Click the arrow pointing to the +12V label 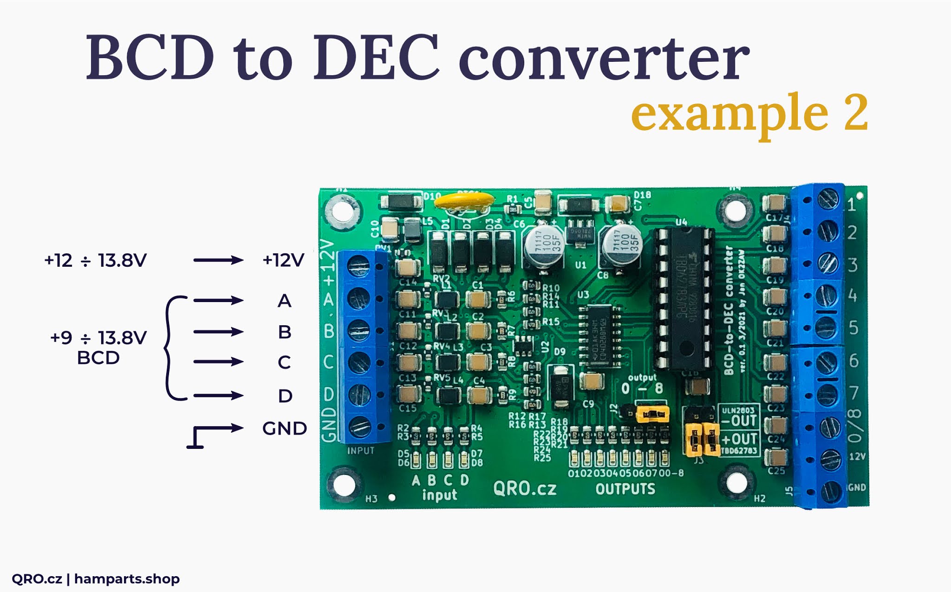click(x=218, y=260)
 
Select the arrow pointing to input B click(x=218, y=332)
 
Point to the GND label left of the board click(x=284, y=428)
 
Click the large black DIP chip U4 click(x=684, y=297)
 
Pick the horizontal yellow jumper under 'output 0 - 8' click(x=652, y=413)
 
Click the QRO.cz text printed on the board click(x=525, y=489)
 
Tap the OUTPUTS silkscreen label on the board click(x=625, y=489)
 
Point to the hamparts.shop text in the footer click(x=127, y=579)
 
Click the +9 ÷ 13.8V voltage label click(x=98, y=338)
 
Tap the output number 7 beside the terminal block click(x=853, y=393)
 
